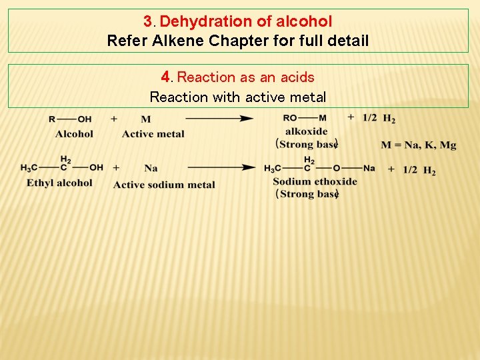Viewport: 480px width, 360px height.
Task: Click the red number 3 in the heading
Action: point(148,21)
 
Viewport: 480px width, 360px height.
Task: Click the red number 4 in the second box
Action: point(166,77)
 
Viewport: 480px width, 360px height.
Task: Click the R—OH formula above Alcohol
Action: point(70,119)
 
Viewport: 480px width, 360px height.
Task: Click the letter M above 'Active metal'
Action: point(146,119)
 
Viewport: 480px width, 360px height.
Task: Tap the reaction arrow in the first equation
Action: point(219,119)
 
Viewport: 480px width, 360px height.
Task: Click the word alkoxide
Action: point(307,131)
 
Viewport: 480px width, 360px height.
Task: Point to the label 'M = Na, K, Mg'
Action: point(419,145)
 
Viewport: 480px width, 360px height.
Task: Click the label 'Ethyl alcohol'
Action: point(59,183)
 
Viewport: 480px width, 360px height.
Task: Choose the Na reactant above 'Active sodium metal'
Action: point(151,168)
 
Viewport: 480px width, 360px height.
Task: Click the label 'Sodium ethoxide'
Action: point(315,181)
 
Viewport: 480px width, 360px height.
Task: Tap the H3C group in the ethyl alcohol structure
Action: point(29,168)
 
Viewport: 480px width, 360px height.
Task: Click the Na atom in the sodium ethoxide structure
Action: point(369,168)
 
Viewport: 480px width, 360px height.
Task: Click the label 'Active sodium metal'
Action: point(164,185)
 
